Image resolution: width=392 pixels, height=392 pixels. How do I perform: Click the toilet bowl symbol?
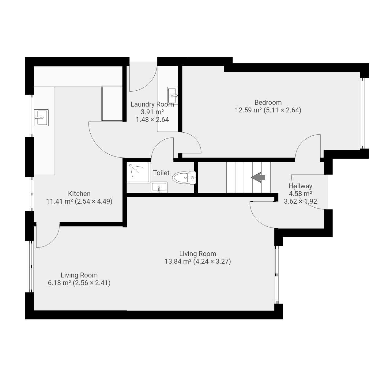(181, 178)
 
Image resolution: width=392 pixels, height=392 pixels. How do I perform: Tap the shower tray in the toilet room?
(138, 172)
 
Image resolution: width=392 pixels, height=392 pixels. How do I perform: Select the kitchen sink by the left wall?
(41, 118)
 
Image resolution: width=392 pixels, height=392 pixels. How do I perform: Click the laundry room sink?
(172, 96)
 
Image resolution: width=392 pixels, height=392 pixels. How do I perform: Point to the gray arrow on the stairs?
(258, 177)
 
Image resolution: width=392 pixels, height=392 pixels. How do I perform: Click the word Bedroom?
(268, 102)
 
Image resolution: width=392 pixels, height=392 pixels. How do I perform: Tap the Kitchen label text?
(79, 194)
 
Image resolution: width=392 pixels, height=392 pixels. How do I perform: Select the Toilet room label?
(161, 173)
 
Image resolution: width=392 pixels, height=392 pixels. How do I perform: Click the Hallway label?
(300, 186)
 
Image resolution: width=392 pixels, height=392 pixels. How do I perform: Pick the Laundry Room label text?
(152, 104)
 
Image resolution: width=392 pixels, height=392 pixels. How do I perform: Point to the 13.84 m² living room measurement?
(178, 261)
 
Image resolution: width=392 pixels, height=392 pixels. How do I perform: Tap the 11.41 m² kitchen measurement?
(59, 201)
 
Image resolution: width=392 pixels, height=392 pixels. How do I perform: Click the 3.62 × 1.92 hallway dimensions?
(300, 201)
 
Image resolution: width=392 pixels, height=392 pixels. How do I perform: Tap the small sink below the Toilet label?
(159, 187)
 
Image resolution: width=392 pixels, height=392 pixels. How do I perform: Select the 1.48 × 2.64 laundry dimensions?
(152, 119)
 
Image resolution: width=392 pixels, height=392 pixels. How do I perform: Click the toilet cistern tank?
(192, 178)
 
